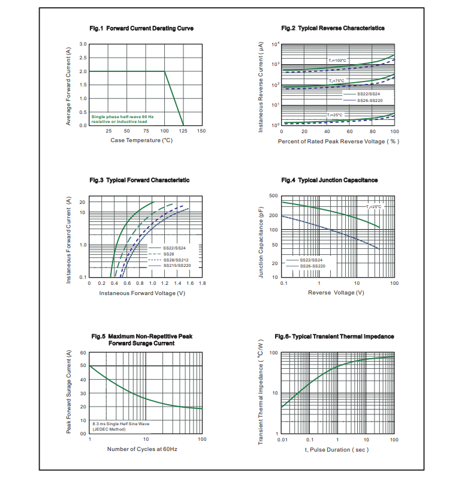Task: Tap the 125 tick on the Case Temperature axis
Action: (x=183, y=131)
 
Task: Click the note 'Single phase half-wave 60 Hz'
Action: (x=122, y=116)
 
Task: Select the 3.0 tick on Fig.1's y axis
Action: (x=83, y=44)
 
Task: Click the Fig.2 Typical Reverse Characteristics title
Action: (x=333, y=28)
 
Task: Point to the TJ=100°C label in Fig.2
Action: (x=337, y=61)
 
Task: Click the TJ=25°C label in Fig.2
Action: (x=335, y=115)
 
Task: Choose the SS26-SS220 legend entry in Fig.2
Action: (x=369, y=100)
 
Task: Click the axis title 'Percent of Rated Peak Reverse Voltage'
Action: (x=339, y=142)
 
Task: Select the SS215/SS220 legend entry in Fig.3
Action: (x=177, y=266)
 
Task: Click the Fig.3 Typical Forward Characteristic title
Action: (x=140, y=180)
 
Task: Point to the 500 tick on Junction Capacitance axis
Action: (x=273, y=196)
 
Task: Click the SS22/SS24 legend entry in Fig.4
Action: (x=311, y=260)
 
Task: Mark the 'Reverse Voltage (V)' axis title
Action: (x=336, y=292)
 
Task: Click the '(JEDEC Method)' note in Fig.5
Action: (x=109, y=429)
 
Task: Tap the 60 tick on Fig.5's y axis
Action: (x=83, y=353)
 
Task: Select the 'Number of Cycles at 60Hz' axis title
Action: (x=142, y=449)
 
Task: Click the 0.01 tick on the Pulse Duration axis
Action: (x=282, y=440)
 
